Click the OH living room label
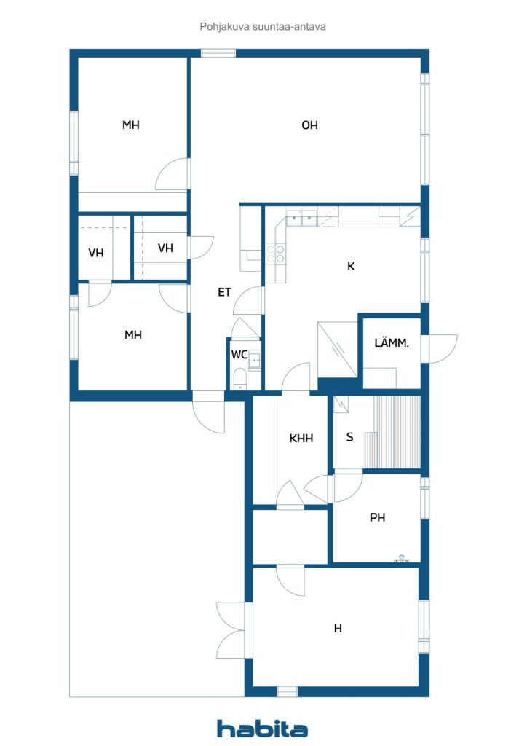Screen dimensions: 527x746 309,125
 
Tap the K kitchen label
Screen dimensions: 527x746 351,266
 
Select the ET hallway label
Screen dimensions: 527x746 224,292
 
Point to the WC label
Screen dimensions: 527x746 239,355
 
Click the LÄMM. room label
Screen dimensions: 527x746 392,342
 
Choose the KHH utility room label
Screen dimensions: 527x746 301,438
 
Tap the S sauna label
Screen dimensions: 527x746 349,437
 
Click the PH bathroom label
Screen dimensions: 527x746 377,517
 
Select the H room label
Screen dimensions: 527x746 338,629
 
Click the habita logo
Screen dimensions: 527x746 262,729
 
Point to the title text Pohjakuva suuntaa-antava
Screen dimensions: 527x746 263,27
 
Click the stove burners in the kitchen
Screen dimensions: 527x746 276,254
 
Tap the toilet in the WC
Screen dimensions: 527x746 239,379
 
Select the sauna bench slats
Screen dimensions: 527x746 397,432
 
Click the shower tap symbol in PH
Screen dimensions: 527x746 402,559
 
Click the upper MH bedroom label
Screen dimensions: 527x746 131,125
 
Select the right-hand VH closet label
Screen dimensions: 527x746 165,248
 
